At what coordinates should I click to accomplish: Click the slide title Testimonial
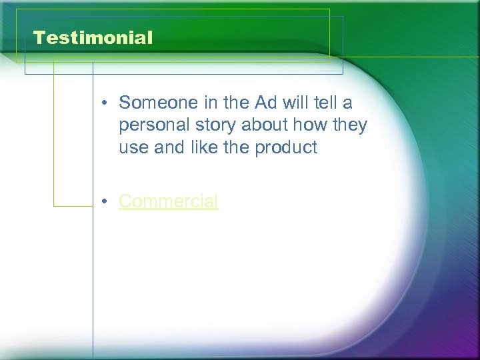(x=93, y=38)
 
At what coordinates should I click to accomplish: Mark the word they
(x=351, y=126)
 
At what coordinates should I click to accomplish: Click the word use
(x=134, y=148)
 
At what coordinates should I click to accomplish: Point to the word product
(x=287, y=148)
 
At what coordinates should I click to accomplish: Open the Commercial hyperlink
(x=168, y=201)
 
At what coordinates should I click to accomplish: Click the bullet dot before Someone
(x=106, y=103)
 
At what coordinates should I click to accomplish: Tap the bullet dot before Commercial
(x=106, y=201)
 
